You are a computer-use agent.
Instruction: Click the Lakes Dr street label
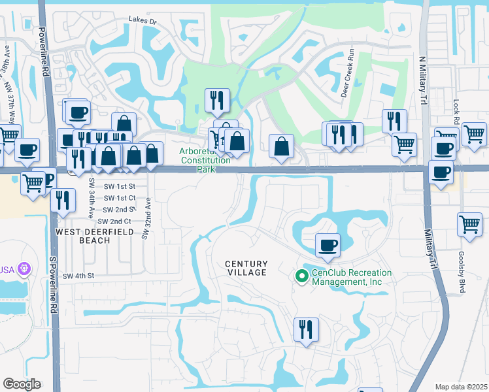click(x=143, y=22)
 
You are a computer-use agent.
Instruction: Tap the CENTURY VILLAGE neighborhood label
click(x=246, y=268)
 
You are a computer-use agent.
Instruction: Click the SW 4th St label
click(x=79, y=276)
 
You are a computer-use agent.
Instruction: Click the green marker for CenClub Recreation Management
click(x=301, y=277)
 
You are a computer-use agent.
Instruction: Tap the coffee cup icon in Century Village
click(x=328, y=245)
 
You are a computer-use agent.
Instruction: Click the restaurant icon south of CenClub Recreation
click(x=305, y=329)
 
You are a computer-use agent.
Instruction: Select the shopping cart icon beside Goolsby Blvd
click(x=470, y=224)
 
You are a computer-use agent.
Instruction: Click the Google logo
click(x=22, y=384)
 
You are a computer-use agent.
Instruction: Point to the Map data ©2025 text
click(x=461, y=387)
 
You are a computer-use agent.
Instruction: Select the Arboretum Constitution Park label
click(x=205, y=160)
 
